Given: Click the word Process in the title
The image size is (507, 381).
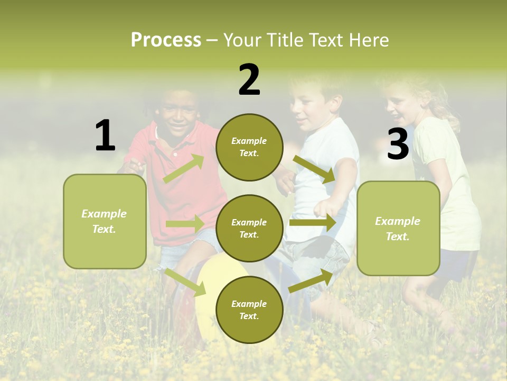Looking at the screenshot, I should [x=166, y=40].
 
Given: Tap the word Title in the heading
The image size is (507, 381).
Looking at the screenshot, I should [x=285, y=40].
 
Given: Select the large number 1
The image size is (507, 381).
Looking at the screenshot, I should [x=105, y=135].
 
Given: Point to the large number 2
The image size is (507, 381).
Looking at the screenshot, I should [x=249, y=79].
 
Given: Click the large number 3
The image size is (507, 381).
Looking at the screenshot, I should [x=398, y=144].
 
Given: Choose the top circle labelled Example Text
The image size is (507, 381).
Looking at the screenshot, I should [x=249, y=147].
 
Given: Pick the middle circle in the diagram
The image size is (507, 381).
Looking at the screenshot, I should [x=249, y=228].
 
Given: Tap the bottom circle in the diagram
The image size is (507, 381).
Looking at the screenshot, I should [x=249, y=310].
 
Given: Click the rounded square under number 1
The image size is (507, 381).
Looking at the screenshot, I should [x=105, y=221].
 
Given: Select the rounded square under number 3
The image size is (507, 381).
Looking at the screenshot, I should [x=398, y=228].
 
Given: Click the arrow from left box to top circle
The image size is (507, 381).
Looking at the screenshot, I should [x=184, y=169].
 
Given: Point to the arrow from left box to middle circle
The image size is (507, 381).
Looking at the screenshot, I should [x=185, y=224].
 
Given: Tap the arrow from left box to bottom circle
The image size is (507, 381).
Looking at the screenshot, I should [x=185, y=282].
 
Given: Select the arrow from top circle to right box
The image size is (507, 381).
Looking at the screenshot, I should [x=314, y=169].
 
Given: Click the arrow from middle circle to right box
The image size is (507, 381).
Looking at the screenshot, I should [x=313, y=223].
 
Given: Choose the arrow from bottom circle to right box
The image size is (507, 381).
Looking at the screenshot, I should [x=311, y=281].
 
